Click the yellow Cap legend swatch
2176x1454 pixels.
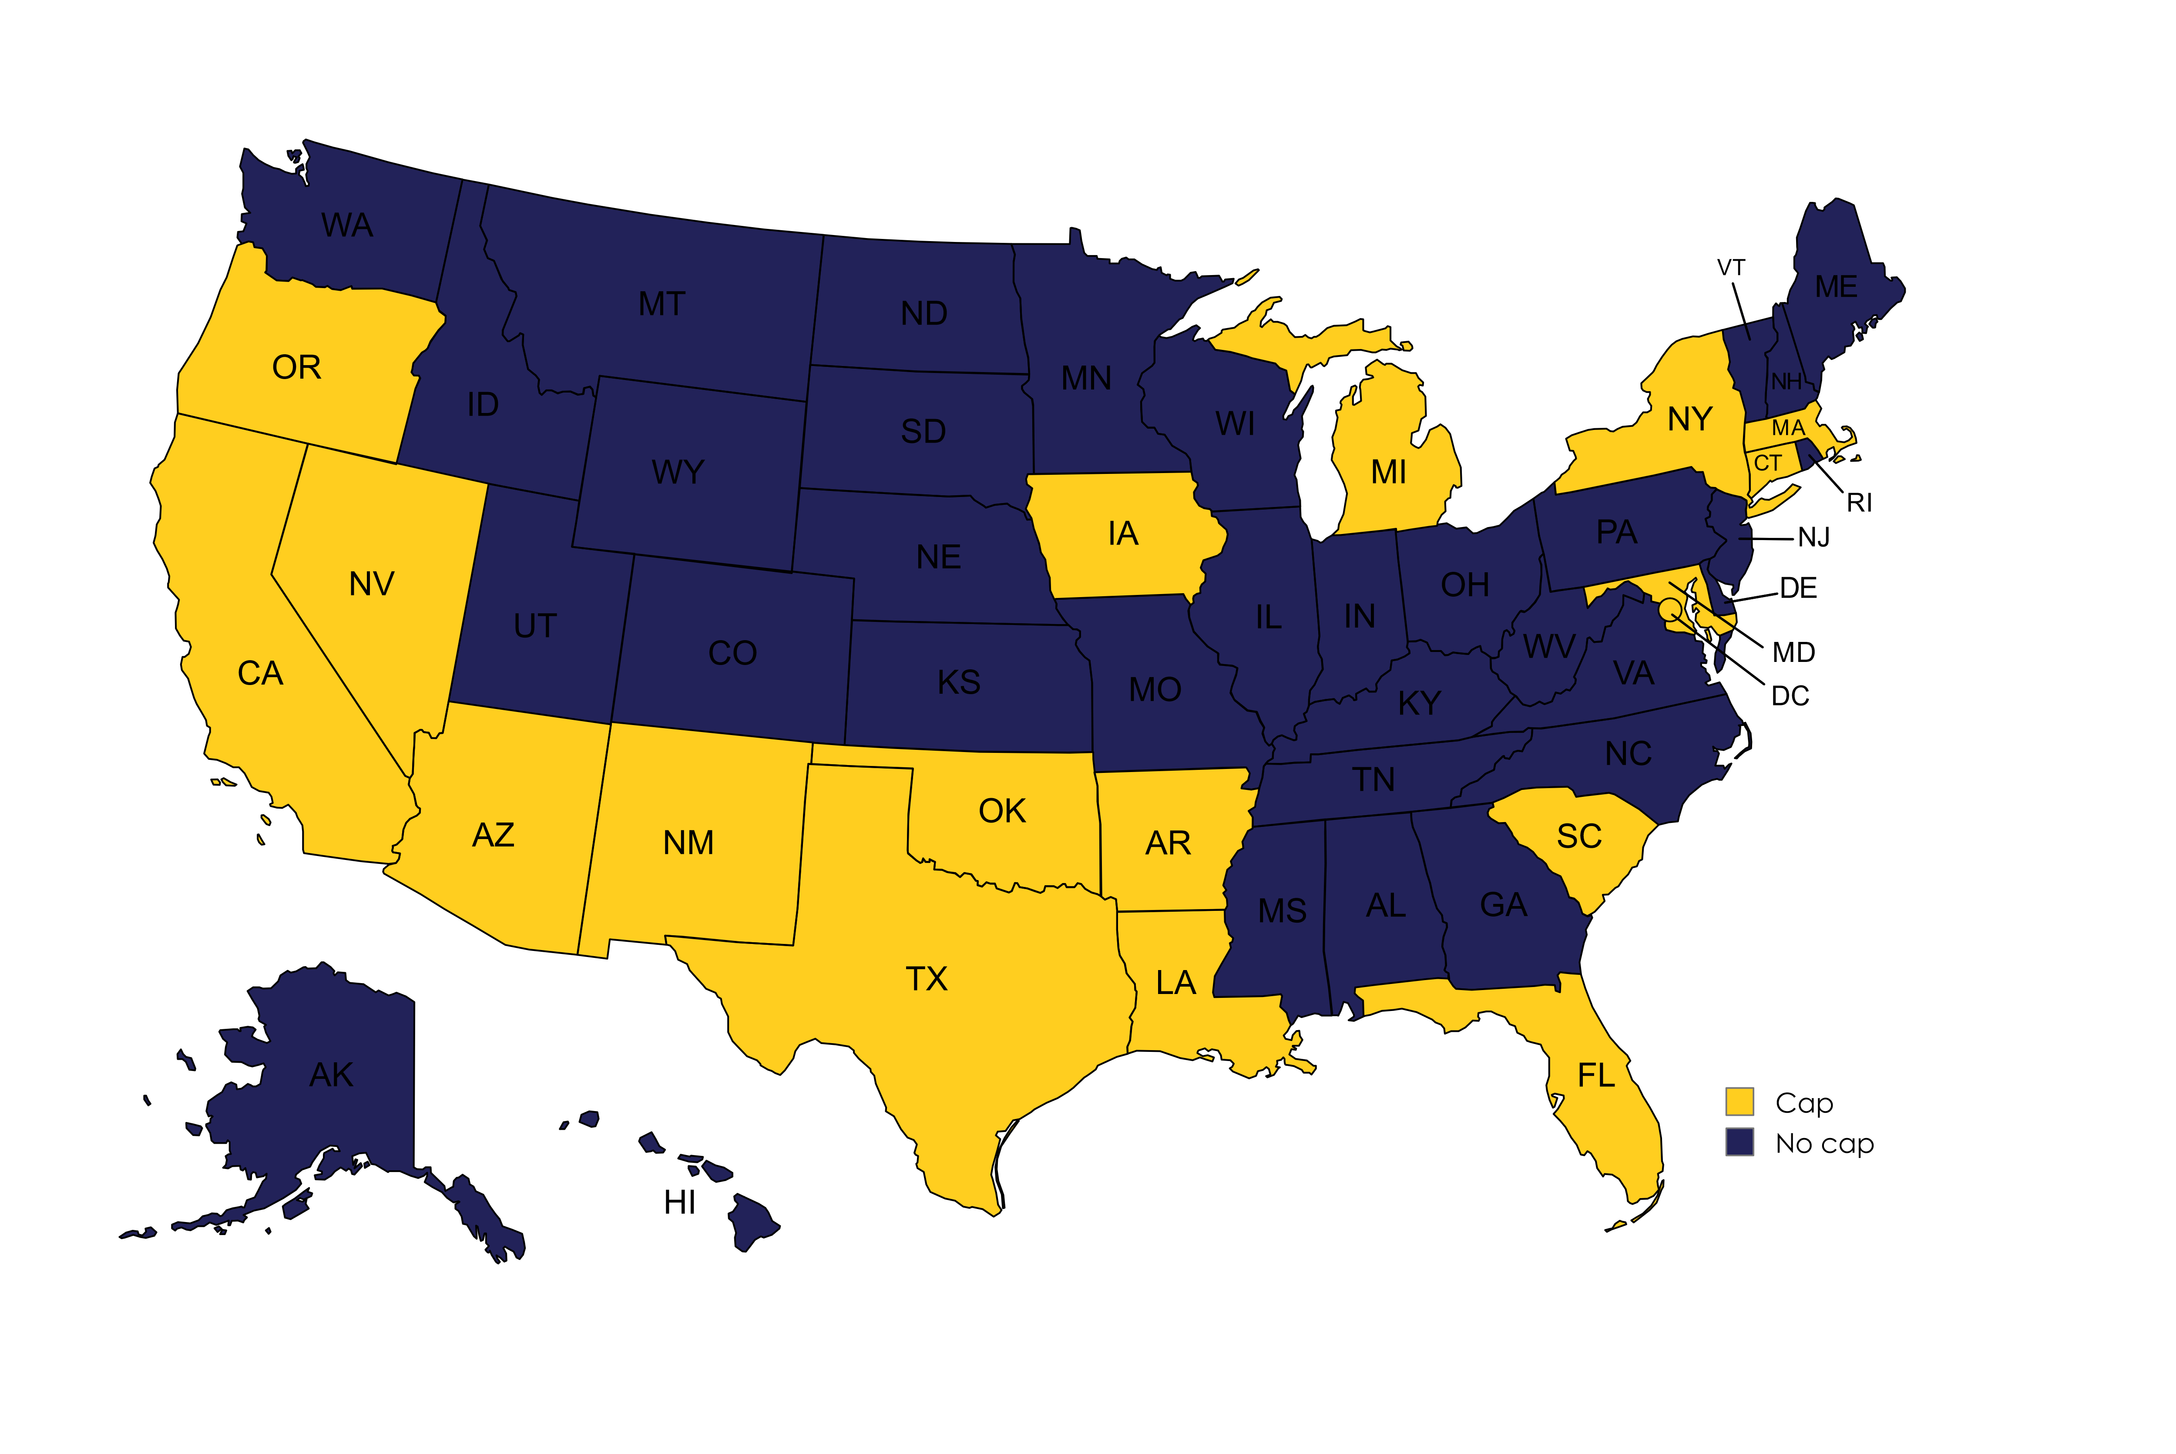tap(1739, 1101)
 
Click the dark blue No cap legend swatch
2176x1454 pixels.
tap(1739, 1142)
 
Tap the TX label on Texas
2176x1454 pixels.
tap(926, 979)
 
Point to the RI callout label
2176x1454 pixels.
tap(1859, 503)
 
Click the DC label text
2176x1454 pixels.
tap(1790, 696)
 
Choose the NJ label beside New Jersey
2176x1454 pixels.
tap(1813, 538)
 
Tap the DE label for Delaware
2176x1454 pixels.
tap(1798, 588)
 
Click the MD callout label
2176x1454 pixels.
tap(1793, 653)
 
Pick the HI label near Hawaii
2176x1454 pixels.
tap(680, 1203)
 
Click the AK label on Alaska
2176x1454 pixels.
tap(331, 1075)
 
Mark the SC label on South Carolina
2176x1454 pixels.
tap(1579, 836)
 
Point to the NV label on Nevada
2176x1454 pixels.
tap(372, 584)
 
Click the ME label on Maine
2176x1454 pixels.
tap(1836, 286)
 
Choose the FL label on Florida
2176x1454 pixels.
tap(1595, 1076)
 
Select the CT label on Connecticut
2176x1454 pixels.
tap(1767, 463)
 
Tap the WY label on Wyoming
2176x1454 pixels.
tap(678, 472)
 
